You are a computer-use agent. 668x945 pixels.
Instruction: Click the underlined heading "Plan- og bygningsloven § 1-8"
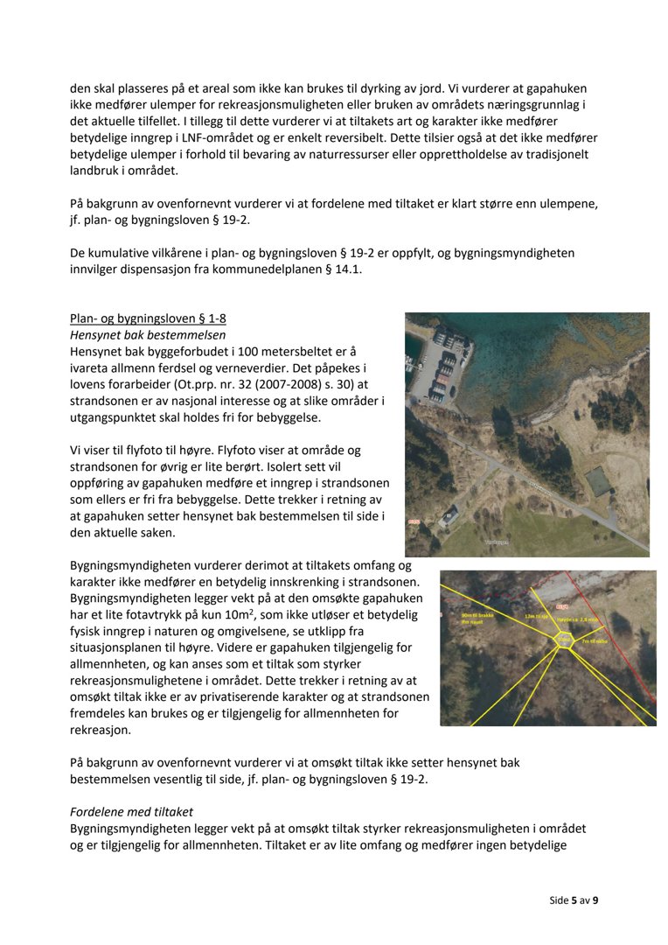tap(148, 318)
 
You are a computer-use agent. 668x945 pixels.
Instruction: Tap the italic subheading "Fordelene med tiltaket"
tap(131, 812)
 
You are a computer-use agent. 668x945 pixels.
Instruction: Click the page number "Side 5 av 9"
tap(574, 899)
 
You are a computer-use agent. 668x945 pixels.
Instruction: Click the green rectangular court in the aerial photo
tap(598, 480)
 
